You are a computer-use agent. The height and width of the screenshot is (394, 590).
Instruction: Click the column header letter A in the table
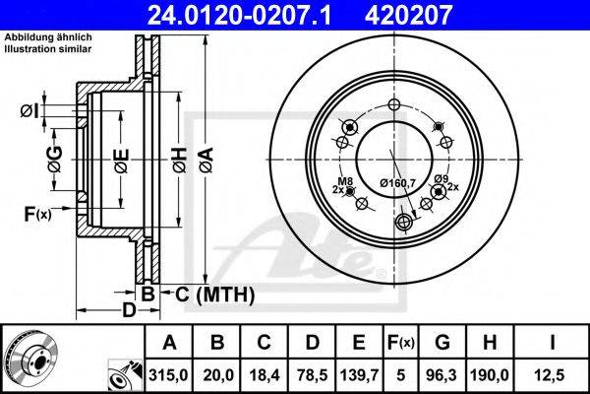[170, 343]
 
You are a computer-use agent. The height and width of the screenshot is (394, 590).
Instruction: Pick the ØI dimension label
[29, 110]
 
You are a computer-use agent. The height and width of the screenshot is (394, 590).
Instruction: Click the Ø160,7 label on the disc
[398, 182]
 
